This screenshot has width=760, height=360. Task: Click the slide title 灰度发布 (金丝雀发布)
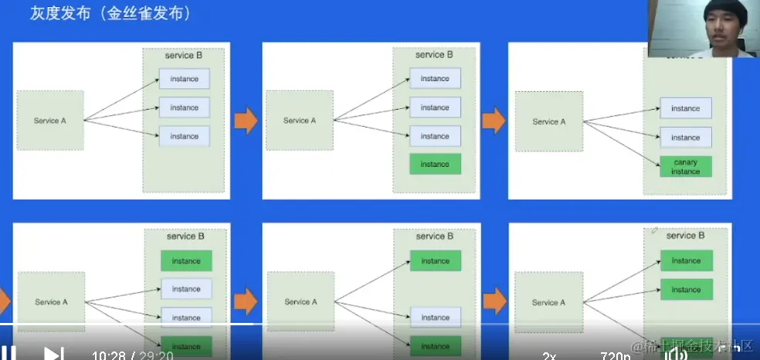pos(110,14)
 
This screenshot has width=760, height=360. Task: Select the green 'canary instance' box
pos(685,167)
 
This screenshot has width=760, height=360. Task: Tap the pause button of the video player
pos(8,354)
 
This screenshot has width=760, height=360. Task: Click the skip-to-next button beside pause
pos(53,354)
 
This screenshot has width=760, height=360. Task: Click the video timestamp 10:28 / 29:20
pos(132,355)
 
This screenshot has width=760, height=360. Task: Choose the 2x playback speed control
pos(549,355)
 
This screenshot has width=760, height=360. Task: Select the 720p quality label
pos(615,355)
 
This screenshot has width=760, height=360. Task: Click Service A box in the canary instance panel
pos(549,121)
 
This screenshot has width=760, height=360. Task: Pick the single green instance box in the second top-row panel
pos(435,164)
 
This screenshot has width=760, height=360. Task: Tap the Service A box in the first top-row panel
pos(50,121)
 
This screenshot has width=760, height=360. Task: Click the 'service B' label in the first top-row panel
pos(184,56)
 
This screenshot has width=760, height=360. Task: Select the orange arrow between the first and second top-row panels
pos(246,121)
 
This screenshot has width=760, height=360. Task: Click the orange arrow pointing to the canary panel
pos(494,121)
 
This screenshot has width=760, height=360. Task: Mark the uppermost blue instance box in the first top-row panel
pos(185,79)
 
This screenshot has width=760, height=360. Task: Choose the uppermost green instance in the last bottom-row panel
pos(686,261)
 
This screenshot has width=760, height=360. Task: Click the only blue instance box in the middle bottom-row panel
pos(435,317)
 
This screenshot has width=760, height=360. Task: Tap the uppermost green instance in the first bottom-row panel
pos(186,261)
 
